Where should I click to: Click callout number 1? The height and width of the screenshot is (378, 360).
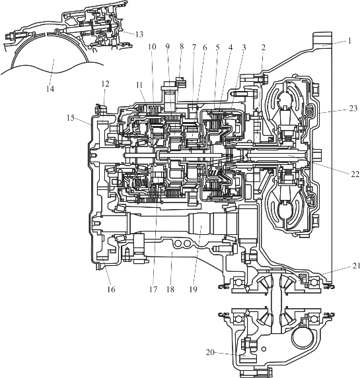tap(349, 41)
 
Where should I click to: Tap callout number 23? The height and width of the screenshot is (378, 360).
tap(353, 108)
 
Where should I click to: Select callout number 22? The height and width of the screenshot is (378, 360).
tap(355, 173)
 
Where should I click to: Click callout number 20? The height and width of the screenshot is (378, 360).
tap(210, 352)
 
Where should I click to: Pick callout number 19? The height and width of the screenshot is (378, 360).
tap(193, 289)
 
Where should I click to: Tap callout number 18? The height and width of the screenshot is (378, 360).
tap(170, 289)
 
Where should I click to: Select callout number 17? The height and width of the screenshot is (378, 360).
tap(153, 289)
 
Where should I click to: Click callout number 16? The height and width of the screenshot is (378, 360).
tap(112, 289)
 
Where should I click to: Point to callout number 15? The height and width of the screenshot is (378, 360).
tap(71, 118)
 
